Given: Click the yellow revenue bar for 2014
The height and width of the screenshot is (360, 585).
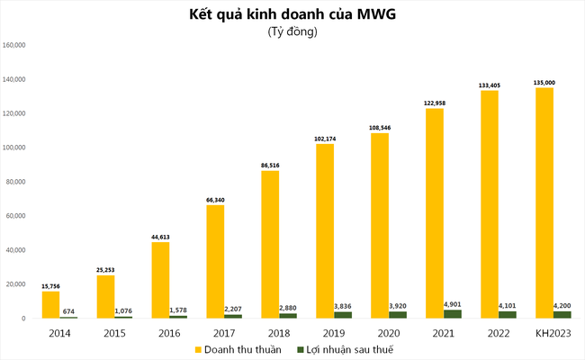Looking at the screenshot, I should [50, 304].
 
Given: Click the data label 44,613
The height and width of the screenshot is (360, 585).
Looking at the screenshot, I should [160, 236].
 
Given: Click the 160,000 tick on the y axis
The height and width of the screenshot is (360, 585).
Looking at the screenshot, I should [19, 45].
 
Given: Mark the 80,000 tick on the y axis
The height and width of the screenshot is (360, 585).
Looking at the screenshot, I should [22, 182].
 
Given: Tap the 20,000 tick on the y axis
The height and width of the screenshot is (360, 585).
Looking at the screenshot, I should [22, 284].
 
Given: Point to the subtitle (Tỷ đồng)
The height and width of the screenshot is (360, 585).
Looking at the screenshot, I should [292, 32].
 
